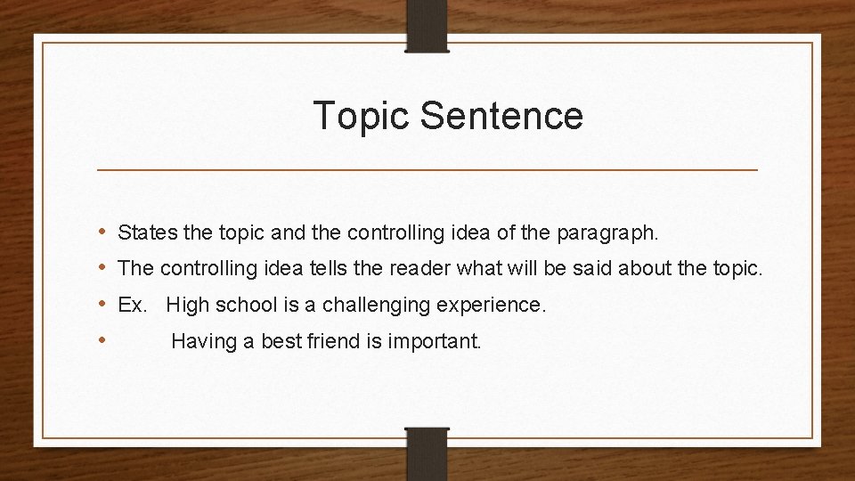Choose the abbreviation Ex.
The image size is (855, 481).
[x=132, y=305]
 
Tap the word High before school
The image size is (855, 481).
[x=186, y=305]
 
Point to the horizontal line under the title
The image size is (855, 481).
[x=427, y=169]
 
